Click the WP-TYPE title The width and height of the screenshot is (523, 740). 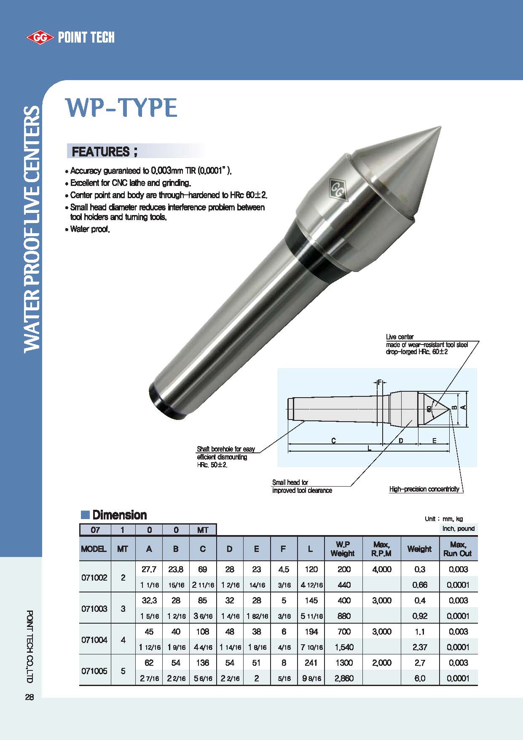point(121,108)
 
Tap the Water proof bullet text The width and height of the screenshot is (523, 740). point(90,230)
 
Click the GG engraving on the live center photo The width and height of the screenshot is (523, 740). point(337,188)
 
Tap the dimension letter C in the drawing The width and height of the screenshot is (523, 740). point(333,441)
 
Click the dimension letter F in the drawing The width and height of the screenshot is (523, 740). point(379,382)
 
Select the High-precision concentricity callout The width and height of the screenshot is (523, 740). point(424,489)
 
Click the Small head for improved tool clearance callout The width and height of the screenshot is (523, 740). point(302,487)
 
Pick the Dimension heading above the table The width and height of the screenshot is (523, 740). point(119,515)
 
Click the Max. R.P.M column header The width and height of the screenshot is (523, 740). point(381,549)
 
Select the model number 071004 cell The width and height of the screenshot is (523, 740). point(94,640)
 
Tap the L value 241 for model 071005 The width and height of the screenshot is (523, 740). point(311,663)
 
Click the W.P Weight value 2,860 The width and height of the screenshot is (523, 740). point(344,678)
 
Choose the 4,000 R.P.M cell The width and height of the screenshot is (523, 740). point(381,569)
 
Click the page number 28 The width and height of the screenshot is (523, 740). point(29,697)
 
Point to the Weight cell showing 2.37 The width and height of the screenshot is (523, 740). point(420,647)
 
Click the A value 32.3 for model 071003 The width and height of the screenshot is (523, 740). point(149,600)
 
